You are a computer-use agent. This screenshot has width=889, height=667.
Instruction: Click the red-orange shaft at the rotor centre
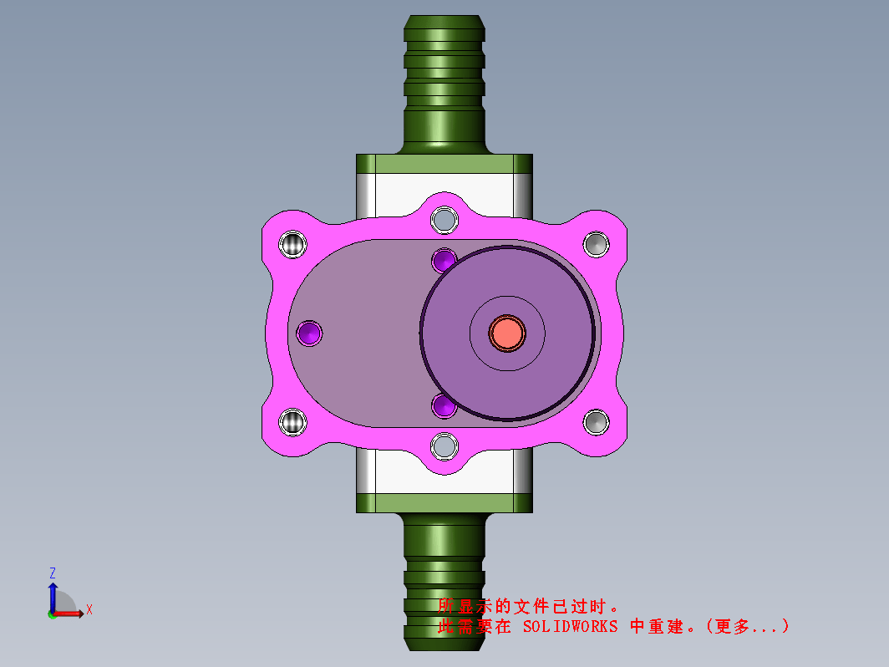[x=507, y=333]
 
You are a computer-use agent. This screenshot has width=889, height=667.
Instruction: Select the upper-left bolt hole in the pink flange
[x=292, y=244]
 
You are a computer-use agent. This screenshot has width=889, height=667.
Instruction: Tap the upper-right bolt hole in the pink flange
[x=596, y=244]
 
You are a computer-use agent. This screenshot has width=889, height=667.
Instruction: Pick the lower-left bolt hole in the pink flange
[x=292, y=422]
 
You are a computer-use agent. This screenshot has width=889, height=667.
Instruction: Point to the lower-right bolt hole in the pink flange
[x=596, y=422]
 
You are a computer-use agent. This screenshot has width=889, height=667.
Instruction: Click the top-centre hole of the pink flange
[x=444, y=220]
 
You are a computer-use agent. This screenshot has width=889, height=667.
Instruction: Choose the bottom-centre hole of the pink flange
[x=444, y=446]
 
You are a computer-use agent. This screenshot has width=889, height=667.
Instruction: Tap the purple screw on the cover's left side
[x=309, y=333]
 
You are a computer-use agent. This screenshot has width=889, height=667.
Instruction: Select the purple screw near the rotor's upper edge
[x=444, y=261]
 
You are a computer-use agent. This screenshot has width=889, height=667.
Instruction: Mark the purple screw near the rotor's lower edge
[x=443, y=405]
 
